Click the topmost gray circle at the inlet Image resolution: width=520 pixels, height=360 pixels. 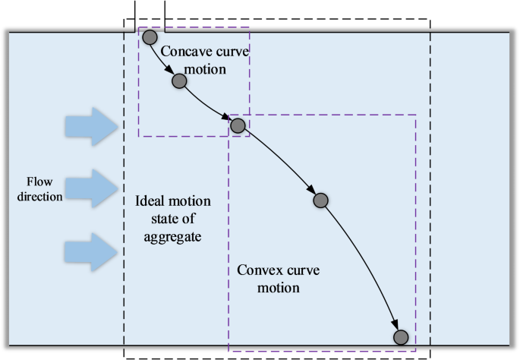click(x=150, y=37)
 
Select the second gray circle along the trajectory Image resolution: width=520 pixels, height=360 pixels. click(x=179, y=81)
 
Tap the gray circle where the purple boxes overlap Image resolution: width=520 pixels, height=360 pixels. click(x=238, y=125)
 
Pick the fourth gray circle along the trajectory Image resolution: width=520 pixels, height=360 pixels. click(x=320, y=201)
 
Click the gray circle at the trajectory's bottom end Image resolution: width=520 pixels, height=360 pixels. click(x=401, y=337)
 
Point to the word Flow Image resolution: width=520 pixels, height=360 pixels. click(x=38, y=182)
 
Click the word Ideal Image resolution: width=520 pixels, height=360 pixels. click(x=150, y=204)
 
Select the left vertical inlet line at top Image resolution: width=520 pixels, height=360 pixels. click(x=135, y=15)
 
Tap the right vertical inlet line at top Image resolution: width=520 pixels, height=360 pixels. click(x=164, y=15)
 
